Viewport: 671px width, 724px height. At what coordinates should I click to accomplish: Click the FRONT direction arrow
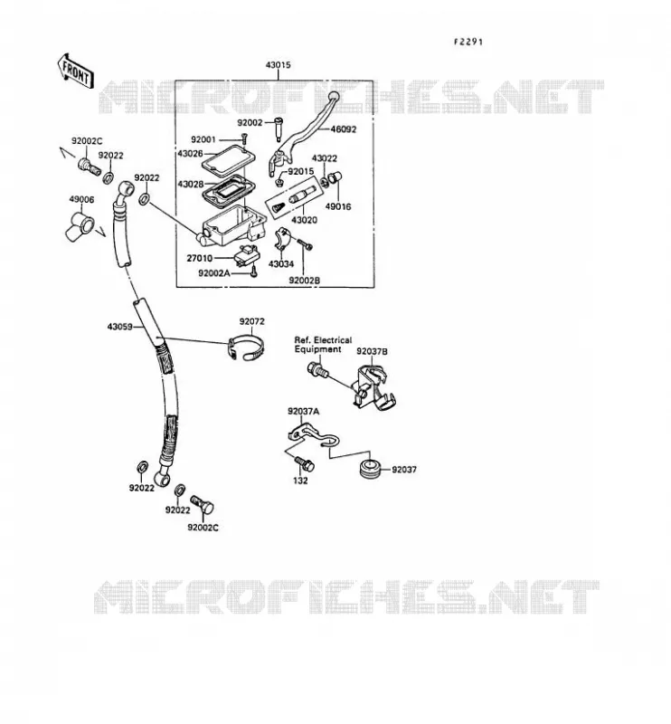76,71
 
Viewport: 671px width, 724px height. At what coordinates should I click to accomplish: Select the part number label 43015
278,65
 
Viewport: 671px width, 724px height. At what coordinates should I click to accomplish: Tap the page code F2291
468,42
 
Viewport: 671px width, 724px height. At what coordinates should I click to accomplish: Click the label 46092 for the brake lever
344,129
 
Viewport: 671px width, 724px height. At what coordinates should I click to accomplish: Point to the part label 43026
190,153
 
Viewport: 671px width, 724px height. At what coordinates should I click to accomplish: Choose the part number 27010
199,258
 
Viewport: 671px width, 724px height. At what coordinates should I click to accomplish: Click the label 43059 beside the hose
120,327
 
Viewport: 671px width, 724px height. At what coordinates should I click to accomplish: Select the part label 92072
252,321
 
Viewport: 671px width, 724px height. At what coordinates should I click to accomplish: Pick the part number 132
300,481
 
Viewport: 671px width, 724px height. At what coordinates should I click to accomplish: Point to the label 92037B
372,352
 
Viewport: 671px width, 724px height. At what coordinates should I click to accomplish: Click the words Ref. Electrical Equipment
323,345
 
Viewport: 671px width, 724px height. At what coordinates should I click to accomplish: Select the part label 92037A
303,412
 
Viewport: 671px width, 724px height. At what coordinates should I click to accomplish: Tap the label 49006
81,199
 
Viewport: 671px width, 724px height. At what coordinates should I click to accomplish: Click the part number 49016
338,207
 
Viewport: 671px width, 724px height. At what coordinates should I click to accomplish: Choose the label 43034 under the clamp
281,264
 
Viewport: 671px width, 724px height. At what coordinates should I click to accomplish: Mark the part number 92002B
305,281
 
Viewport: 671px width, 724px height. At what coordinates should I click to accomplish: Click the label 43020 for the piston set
305,220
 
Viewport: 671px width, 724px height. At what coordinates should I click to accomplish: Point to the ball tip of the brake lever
333,97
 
